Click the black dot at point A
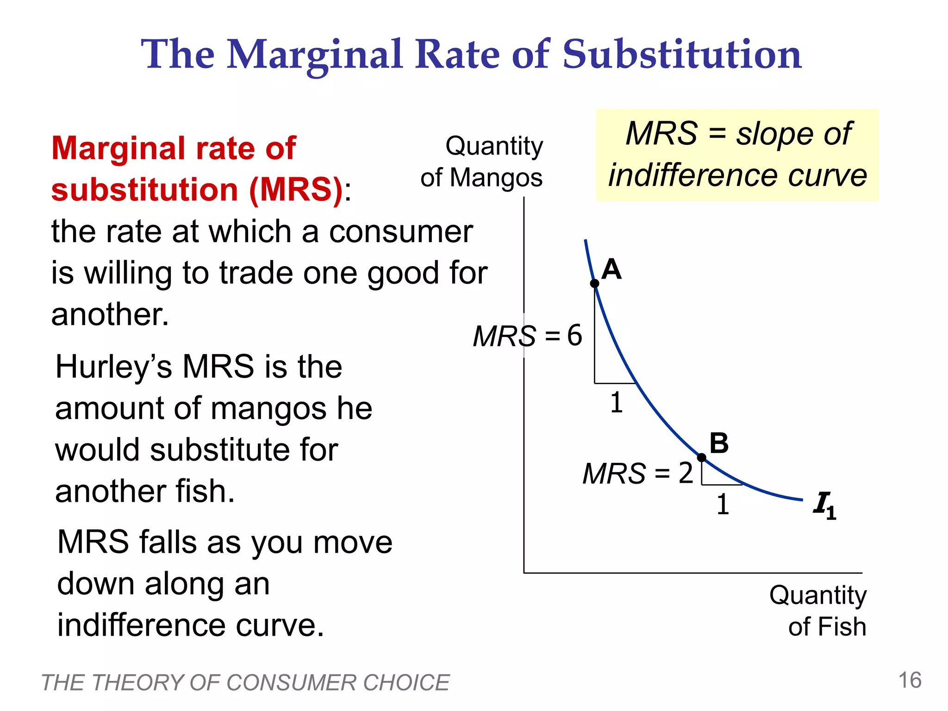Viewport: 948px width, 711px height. click(595, 284)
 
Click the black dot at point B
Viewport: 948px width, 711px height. click(702, 458)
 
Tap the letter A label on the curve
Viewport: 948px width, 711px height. click(611, 269)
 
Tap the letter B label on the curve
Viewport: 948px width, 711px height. click(719, 443)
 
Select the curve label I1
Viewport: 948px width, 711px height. click(824, 505)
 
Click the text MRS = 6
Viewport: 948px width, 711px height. click(527, 336)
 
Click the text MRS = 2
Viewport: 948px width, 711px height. click(637, 474)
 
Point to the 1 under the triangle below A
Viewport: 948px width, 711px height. click(616, 403)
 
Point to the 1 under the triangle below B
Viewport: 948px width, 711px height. click(723, 505)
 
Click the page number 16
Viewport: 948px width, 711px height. click(910, 680)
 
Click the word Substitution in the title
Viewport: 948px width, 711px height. click(682, 55)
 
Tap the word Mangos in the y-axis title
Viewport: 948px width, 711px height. click(496, 178)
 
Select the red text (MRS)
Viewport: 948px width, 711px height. click(296, 190)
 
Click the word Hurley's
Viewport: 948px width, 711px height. click(113, 367)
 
